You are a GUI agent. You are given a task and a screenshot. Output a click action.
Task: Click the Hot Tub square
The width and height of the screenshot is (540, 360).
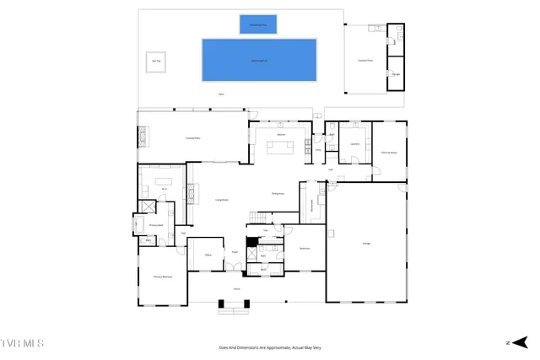156,61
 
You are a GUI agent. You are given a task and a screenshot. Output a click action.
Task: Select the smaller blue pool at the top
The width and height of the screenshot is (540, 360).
258,24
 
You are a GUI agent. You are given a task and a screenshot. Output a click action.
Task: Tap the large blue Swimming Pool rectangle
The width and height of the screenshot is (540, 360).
259,60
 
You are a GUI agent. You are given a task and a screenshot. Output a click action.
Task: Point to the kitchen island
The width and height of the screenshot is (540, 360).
281,148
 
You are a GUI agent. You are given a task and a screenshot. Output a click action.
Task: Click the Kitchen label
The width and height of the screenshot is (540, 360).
283,134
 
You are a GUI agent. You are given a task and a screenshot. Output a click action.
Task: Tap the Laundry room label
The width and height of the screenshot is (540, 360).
354,143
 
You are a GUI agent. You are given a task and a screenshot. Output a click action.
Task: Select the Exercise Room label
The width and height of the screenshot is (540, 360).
389,153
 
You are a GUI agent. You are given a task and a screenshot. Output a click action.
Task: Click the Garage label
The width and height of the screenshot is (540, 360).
367,243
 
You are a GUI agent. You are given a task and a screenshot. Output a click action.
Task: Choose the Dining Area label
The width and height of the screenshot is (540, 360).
277,193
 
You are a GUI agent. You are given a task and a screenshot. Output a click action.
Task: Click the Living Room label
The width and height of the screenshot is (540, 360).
223,200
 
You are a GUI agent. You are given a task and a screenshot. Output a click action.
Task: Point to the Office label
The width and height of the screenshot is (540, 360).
207,253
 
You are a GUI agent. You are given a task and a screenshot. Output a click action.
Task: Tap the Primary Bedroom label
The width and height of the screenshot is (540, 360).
163,277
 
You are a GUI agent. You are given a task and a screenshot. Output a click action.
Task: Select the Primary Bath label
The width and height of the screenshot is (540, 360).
156,225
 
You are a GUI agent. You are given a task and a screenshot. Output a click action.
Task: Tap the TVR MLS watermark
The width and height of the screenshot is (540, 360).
23,344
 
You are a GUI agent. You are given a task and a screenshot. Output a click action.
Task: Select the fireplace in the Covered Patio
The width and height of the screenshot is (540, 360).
143,136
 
